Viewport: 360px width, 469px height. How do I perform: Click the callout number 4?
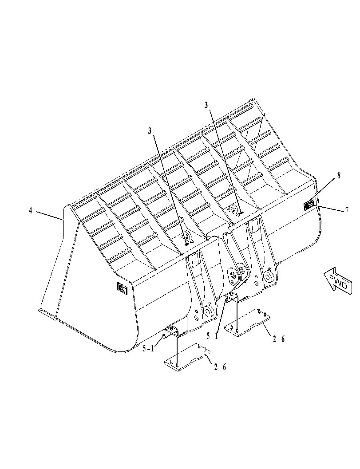click(x=30, y=211)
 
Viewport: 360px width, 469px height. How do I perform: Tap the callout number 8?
click(x=339, y=175)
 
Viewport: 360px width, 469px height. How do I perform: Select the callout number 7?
click(x=347, y=210)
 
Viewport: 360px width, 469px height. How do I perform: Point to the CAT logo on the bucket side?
click(x=123, y=288)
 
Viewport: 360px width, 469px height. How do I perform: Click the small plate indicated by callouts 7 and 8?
click(x=309, y=205)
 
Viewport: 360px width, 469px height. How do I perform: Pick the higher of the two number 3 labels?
click(x=206, y=105)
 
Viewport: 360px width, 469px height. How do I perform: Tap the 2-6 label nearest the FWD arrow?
click(x=279, y=339)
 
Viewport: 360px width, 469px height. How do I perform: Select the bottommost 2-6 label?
click(x=220, y=367)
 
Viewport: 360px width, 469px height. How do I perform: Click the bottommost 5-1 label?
click(x=148, y=348)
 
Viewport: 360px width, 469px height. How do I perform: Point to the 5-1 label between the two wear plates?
click(x=212, y=336)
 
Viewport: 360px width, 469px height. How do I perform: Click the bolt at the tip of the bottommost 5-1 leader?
click(x=163, y=336)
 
